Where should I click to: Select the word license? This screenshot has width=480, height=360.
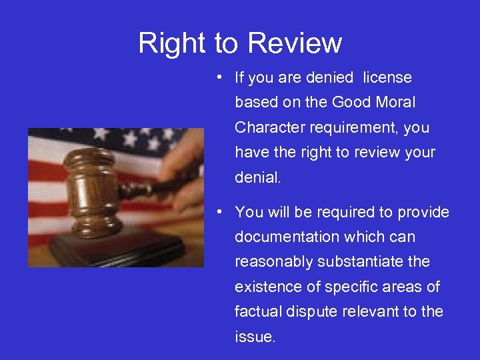pos(387,78)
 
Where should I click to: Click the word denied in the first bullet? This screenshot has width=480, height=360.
pos(329,78)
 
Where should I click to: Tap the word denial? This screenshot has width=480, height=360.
pos(257,177)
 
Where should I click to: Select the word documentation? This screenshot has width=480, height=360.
pos(285,237)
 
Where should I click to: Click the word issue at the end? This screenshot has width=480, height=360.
pos(254,337)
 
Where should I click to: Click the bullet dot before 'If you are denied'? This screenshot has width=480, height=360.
pos(219,77)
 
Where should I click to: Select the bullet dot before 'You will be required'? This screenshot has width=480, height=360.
pos(219,211)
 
